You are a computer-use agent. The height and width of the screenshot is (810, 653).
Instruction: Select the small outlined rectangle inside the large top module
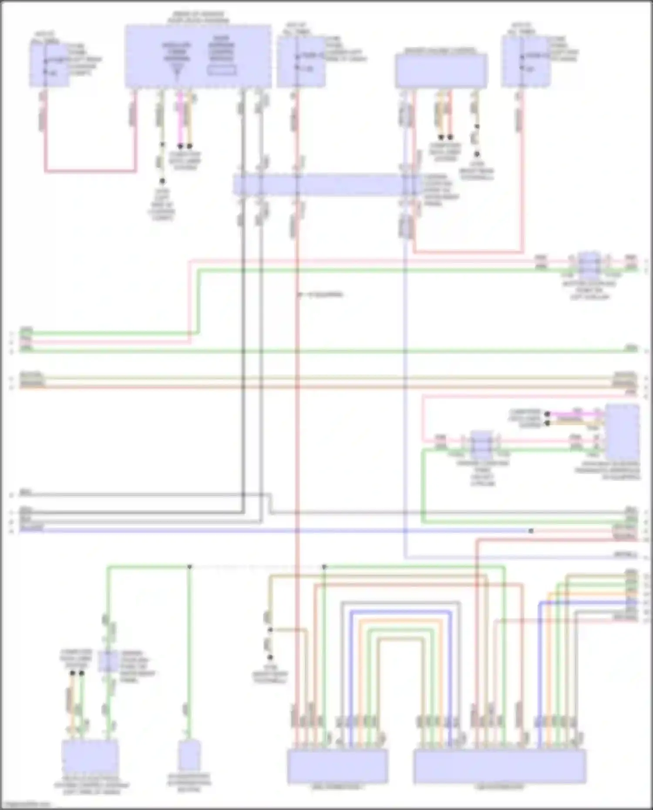click(222, 70)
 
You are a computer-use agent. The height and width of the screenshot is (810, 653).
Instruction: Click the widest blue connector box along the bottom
click(499, 766)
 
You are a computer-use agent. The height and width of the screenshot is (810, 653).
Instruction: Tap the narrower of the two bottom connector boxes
click(337, 766)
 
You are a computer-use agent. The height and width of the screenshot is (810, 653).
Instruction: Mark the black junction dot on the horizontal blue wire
click(531, 531)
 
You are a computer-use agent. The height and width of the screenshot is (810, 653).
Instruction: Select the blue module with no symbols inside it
click(441, 71)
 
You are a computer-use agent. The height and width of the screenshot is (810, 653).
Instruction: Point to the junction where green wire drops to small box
click(189, 567)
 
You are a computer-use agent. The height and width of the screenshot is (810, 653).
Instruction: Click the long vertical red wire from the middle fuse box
click(297, 392)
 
